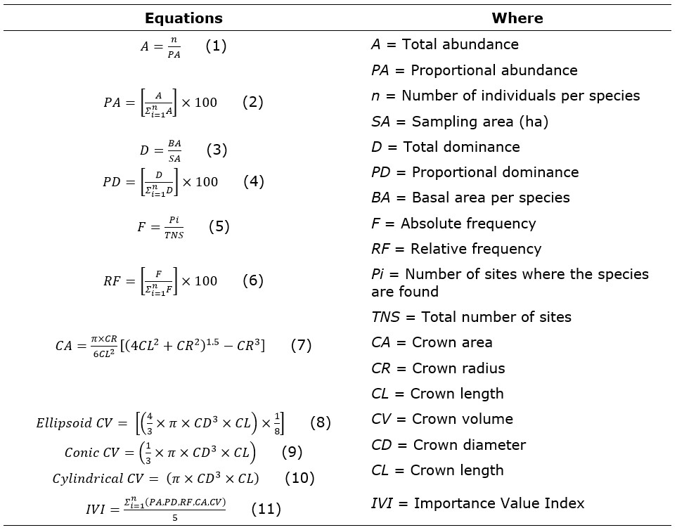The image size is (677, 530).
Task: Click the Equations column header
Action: pos(183,18)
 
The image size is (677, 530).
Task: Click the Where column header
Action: pos(517,18)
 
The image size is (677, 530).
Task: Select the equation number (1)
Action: pos(216,46)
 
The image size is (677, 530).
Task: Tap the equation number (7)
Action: pos(301,345)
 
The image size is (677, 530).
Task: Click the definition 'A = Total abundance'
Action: pos(444,44)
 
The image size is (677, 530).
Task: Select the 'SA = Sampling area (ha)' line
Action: pos(459,122)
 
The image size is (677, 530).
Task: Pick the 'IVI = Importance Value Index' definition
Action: pos(477,503)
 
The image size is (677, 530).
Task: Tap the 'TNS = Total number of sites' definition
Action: pos(471,317)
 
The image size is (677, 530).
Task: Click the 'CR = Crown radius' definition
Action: pos(438,368)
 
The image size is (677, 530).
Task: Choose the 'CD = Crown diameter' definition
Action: pos(449,445)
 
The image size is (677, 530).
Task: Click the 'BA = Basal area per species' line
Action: pos(470,198)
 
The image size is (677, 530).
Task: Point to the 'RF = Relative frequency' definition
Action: pos(456,249)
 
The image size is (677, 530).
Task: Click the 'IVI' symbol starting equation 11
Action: pos(94,509)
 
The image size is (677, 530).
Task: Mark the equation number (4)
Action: pos(254,181)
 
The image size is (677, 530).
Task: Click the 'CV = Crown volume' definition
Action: pos(442,419)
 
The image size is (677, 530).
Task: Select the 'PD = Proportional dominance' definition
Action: pos(475,172)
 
